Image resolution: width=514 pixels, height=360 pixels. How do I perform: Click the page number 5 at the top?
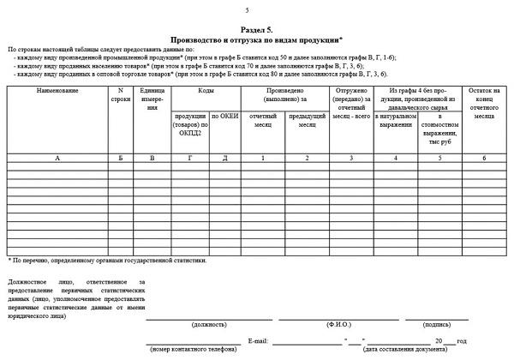pyautogui.click(x=247, y=10)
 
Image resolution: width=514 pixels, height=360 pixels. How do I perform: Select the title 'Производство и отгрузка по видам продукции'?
pyautogui.click(x=256, y=39)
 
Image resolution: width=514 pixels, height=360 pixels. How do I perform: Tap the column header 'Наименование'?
pyautogui.click(x=57, y=91)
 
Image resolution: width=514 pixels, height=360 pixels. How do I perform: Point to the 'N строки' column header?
pyautogui.click(x=121, y=95)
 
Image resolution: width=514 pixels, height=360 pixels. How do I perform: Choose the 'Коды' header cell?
pyautogui.click(x=206, y=91)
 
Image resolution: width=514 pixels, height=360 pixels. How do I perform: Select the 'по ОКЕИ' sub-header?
pyautogui.click(x=224, y=116)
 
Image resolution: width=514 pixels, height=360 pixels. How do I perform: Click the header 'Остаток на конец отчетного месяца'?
pyautogui.click(x=485, y=104)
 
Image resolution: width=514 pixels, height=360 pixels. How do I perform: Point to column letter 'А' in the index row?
pyautogui.click(x=57, y=159)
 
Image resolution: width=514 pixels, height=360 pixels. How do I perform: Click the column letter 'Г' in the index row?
pyautogui.click(x=188, y=159)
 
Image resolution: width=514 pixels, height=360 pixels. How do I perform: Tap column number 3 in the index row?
pyautogui.click(x=351, y=159)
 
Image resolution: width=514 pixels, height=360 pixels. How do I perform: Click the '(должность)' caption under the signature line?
pyautogui.click(x=210, y=325)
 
